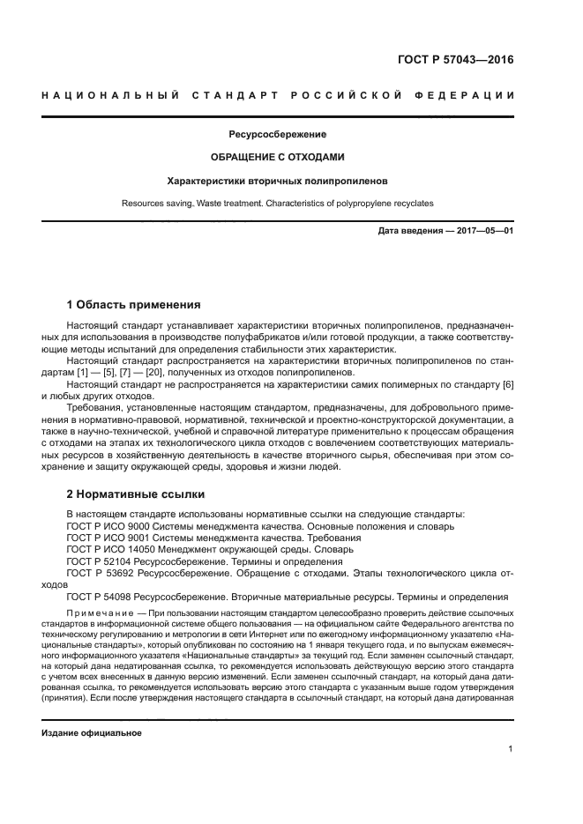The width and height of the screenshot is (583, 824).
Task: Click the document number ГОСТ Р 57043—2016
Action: click(455, 61)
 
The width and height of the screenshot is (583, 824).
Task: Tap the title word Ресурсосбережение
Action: click(277, 135)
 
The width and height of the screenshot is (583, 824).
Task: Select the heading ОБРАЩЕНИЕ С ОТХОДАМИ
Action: click(277, 157)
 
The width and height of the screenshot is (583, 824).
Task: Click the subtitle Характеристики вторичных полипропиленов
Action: click(277, 181)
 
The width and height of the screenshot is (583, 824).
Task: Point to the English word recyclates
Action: click(405, 204)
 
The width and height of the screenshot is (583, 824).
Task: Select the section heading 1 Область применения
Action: click(134, 305)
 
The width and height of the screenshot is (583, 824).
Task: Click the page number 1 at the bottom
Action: click(511, 749)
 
